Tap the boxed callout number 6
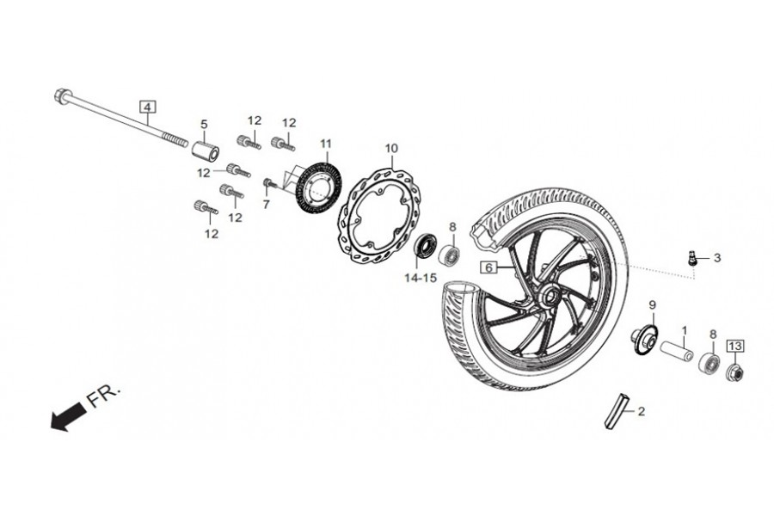coord(487,267)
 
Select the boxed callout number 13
coord(734,346)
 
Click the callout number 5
coord(205,124)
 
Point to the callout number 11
coord(325,143)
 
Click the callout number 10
coord(391,149)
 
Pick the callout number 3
coord(717,258)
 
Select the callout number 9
coord(652,305)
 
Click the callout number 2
coord(641,412)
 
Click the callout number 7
coord(266,205)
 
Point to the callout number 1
coord(685,329)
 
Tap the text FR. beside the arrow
coord(105,398)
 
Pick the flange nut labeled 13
coord(736,372)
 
